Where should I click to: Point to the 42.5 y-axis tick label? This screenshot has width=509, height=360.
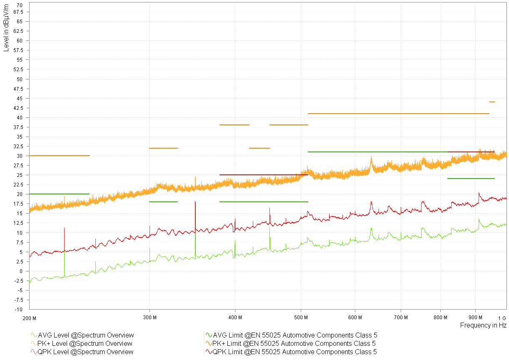coord(18,108)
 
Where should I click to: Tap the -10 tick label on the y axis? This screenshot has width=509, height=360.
coord(20,310)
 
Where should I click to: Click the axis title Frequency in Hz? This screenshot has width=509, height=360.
coord(483,325)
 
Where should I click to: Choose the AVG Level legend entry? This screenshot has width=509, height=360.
coord(86,335)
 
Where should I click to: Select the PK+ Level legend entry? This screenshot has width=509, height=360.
coord(85,343)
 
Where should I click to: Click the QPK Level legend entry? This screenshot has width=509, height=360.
coord(86,352)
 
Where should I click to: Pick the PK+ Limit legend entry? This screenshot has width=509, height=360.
coord(294,343)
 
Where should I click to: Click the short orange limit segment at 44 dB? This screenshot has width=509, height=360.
coord(492,102)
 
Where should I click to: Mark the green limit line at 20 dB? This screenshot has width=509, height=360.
coord(59,194)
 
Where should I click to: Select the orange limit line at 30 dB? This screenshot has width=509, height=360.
coord(59,156)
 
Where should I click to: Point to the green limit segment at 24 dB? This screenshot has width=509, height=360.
coord(471,179)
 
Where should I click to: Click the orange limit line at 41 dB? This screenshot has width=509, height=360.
coord(398,114)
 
